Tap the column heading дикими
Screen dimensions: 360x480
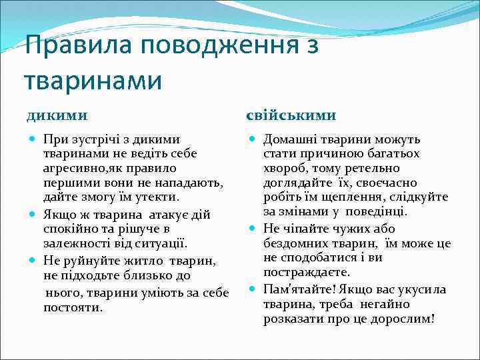57,115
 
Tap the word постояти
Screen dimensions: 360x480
73,308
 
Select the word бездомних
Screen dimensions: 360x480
295,244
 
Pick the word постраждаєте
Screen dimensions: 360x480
307,273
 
